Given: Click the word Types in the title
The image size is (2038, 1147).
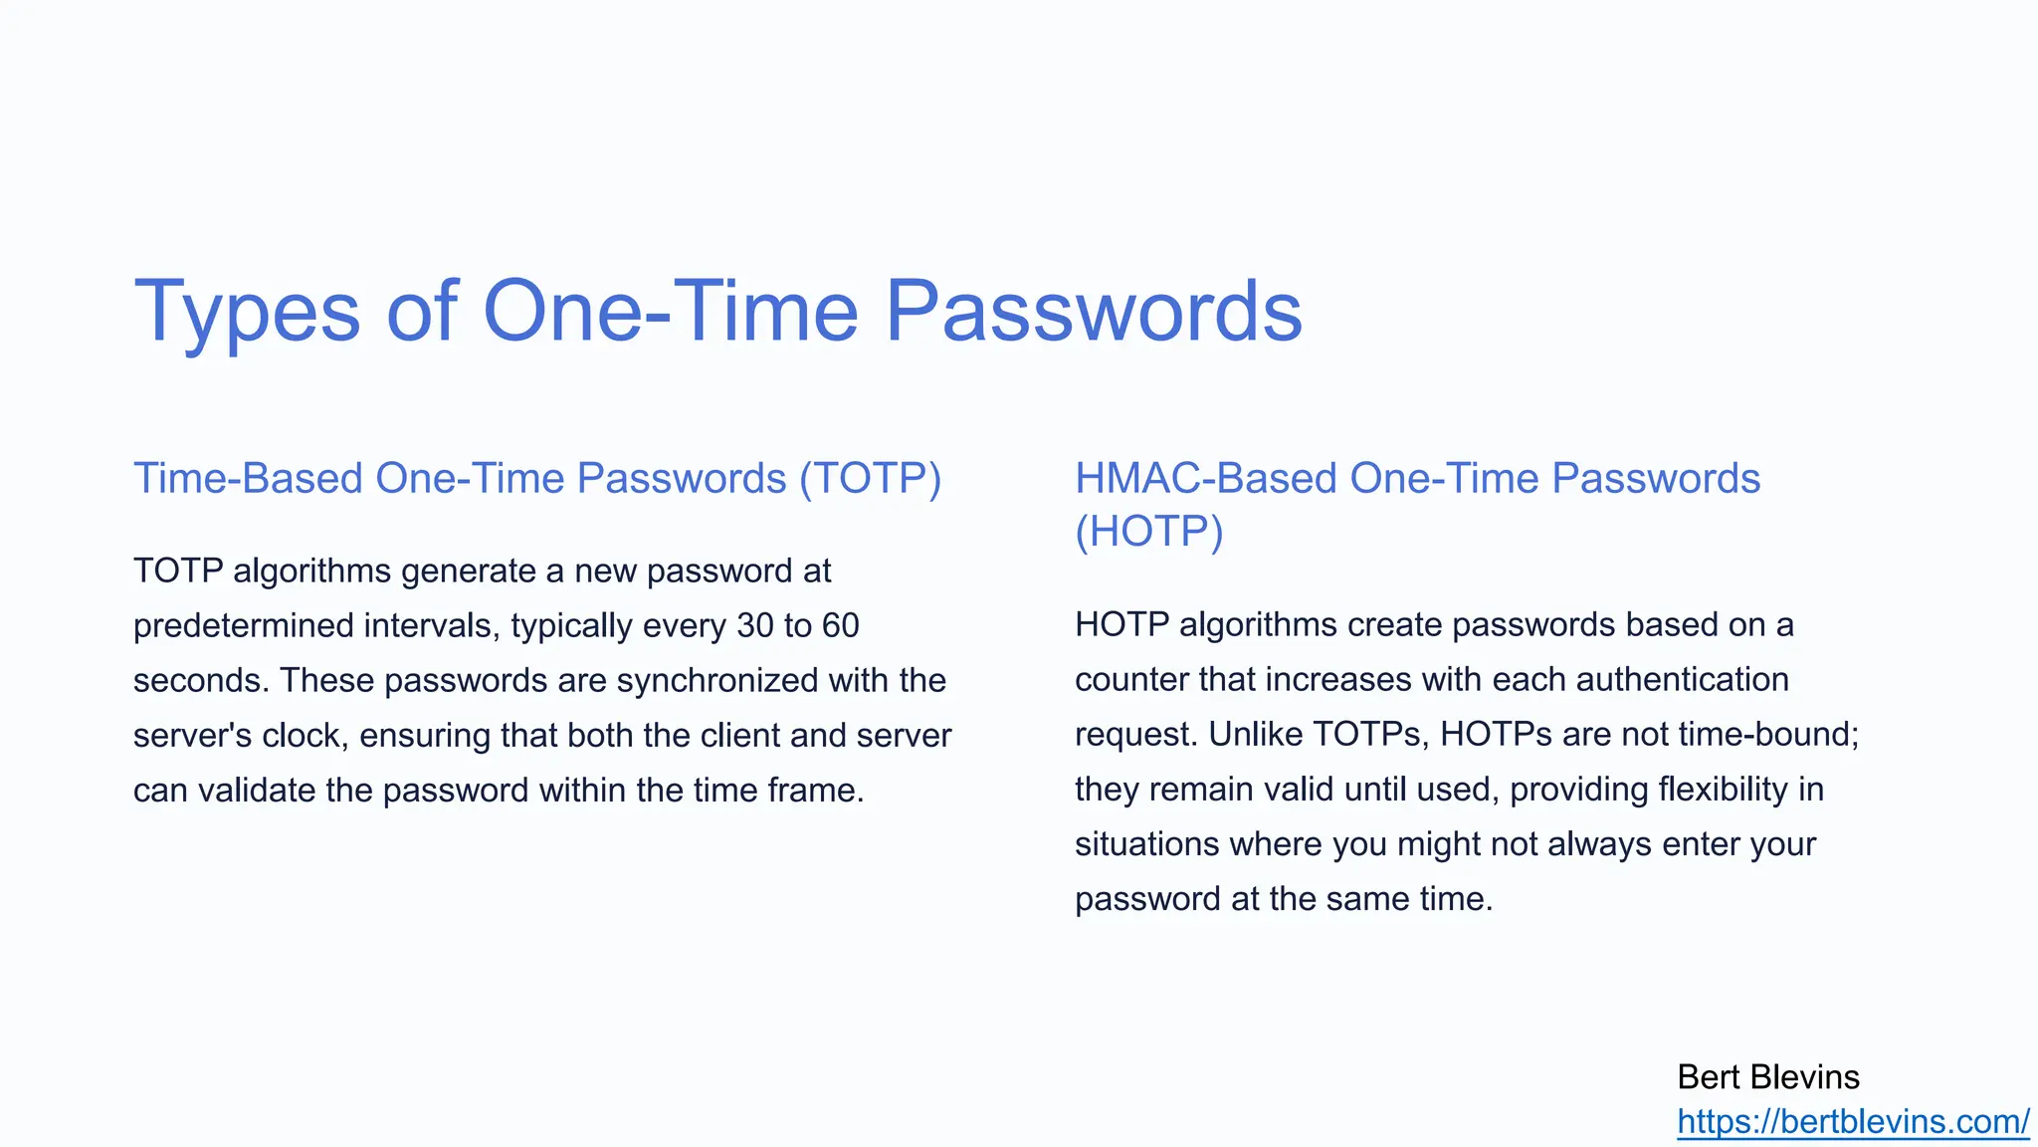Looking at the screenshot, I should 247,313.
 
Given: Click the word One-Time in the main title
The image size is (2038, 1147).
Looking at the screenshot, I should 670,311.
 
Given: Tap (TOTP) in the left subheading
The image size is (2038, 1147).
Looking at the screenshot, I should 871,479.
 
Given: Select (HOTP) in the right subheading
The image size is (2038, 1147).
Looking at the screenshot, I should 1148,532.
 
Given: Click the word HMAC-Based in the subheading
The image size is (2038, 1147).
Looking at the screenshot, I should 1206,479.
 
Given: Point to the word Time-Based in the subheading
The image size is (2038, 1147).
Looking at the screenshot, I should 249,479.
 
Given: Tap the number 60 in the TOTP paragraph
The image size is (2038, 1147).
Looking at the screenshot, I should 840,626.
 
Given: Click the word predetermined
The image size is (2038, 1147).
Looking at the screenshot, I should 244,626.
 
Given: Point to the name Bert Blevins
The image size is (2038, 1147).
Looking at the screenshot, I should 1767,1077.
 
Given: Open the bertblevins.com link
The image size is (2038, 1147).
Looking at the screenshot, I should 1852,1122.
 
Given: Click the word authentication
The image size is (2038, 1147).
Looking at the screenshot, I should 1682,680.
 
